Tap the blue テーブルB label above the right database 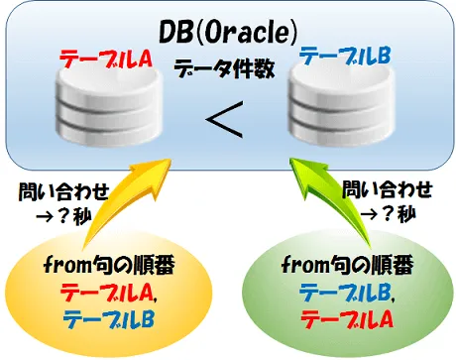tap(345, 57)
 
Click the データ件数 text tap(224, 68)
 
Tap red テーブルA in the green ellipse tap(346, 318)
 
